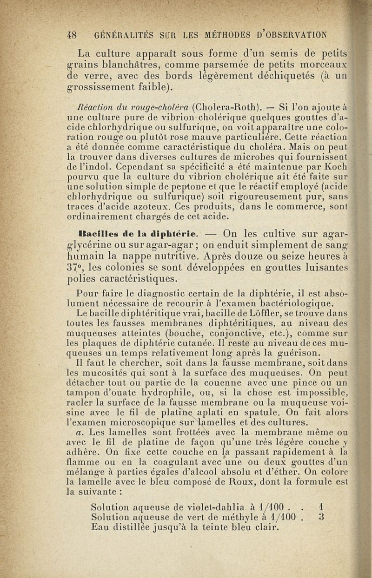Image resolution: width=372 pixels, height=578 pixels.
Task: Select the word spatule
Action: pyautogui.click(x=274, y=412)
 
